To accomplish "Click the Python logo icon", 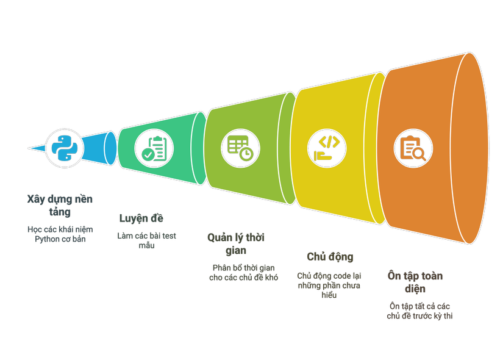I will click(64, 148).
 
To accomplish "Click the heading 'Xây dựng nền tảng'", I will click(60, 206).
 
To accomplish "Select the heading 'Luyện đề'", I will click(141, 218).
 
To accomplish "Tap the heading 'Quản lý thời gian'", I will click(235, 244).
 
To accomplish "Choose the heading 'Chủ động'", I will click(330, 256).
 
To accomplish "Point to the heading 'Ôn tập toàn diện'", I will click(415, 282).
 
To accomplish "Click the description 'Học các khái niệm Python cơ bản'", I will click(60, 234).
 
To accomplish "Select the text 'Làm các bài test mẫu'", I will click(146, 240).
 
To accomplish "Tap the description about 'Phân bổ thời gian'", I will click(245, 272).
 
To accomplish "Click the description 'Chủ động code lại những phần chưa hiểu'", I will click(329, 285).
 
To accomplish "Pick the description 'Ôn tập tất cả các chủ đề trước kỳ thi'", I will click(419, 311).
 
